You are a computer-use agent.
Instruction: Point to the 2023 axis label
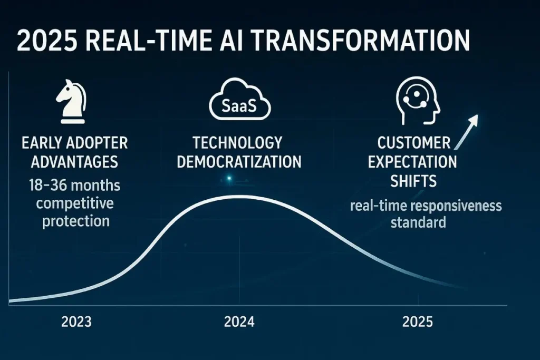point(76,322)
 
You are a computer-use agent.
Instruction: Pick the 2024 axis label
point(239,322)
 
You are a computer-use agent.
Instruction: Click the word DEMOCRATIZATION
point(239,161)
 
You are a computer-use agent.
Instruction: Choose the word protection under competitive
point(76,221)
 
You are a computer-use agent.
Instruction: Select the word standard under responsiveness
point(418,222)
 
